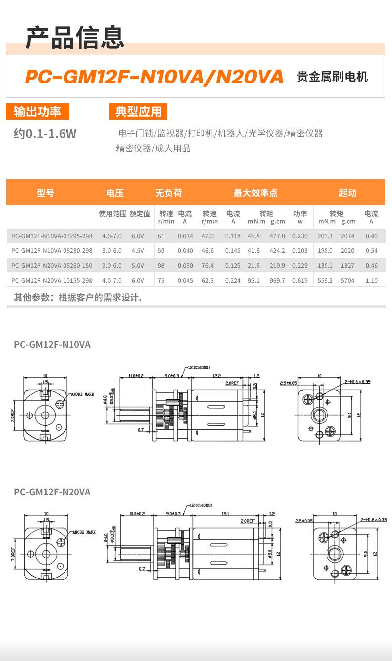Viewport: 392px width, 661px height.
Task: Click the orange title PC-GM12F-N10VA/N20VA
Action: (x=154, y=77)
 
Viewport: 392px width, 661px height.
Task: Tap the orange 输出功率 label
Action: (x=37, y=112)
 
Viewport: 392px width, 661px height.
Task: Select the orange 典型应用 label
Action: (x=138, y=112)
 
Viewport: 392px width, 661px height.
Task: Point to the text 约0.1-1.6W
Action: (x=45, y=133)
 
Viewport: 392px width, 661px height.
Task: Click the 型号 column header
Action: (x=46, y=193)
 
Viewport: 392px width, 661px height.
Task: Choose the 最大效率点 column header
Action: (x=255, y=193)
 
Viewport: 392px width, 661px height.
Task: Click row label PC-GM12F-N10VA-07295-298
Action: (x=52, y=236)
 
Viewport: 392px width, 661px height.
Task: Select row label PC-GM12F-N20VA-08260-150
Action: (x=52, y=266)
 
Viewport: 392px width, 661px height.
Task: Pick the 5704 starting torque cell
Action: (x=347, y=281)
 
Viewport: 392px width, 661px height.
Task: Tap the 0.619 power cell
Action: (x=300, y=281)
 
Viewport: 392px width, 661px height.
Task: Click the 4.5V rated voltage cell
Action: (x=138, y=251)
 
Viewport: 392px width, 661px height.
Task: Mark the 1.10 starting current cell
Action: (x=371, y=281)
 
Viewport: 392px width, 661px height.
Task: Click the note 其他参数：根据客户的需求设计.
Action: (x=78, y=298)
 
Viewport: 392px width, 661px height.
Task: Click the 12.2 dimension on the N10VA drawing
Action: (x=216, y=376)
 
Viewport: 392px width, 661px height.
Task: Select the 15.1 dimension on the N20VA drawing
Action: (x=225, y=514)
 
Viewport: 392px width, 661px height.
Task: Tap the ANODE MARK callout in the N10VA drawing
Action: (x=82, y=394)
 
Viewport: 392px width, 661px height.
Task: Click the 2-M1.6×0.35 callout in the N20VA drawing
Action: (x=373, y=520)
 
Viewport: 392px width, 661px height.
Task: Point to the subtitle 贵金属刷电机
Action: (x=332, y=77)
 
